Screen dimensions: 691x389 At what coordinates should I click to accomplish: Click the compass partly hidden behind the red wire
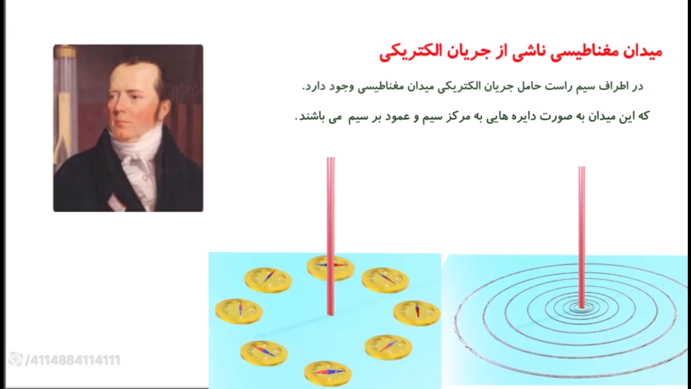coord(330,268)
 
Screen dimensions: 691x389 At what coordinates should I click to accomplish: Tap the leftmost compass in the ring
coord(239,310)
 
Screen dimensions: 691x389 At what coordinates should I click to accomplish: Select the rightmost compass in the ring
coord(417,312)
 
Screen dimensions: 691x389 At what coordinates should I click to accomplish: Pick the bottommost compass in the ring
coord(328,373)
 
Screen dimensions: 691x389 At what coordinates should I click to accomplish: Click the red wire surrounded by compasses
coord(331,236)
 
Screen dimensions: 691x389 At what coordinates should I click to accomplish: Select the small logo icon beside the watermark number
coord(16,359)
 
